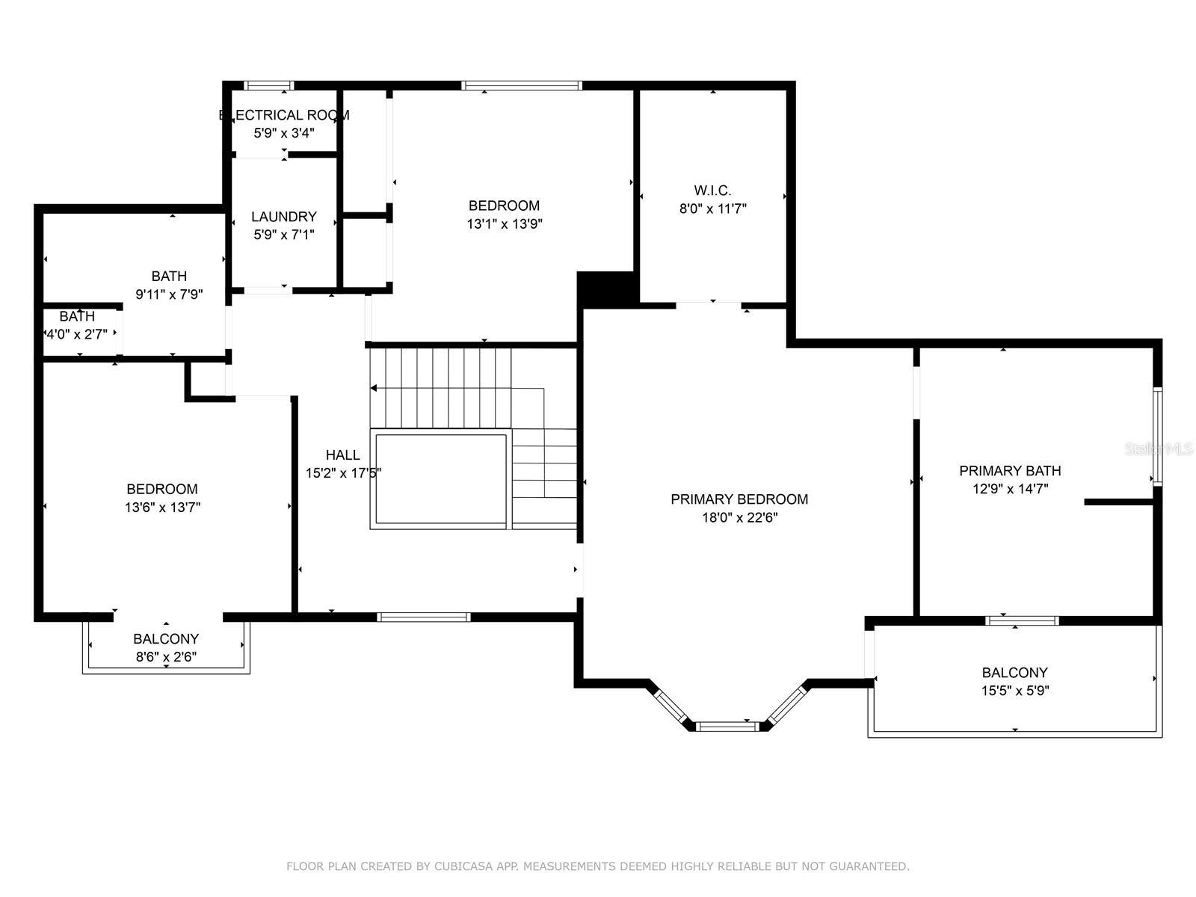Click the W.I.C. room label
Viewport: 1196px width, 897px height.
click(712, 191)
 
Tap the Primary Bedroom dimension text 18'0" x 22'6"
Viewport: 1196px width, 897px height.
click(739, 517)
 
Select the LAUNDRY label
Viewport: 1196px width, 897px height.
click(284, 217)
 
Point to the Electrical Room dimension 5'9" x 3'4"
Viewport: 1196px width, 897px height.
click(284, 133)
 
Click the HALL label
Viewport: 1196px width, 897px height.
click(342, 454)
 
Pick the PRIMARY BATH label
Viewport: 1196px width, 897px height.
click(1010, 471)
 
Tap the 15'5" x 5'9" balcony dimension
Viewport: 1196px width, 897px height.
click(1015, 691)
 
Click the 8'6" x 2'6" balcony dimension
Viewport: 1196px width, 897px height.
click(166, 657)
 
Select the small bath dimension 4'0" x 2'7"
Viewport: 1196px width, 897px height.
click(77, 334)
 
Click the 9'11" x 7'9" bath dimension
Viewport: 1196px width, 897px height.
click(169, 295)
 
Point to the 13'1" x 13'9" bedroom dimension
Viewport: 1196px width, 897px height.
click(505, 224)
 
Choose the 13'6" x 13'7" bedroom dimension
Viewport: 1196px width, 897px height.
click(162, 508)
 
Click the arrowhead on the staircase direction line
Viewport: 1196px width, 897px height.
click(374, 388)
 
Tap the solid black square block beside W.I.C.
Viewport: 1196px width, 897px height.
click(608, 289)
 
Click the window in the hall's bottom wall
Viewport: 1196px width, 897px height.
click(423, 617)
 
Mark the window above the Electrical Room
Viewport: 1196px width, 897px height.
click(268, 85)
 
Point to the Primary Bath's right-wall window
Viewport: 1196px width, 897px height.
click(1157, 437)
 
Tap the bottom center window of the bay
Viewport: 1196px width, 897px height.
click(727, 727)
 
